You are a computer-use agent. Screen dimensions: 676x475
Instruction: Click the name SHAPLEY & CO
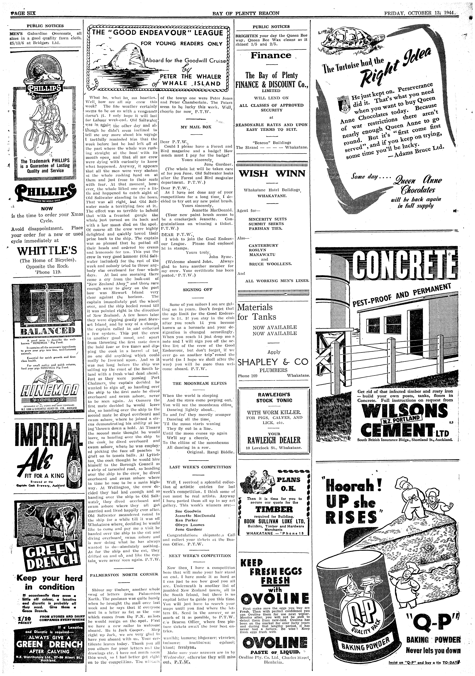tap(272, 362)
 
